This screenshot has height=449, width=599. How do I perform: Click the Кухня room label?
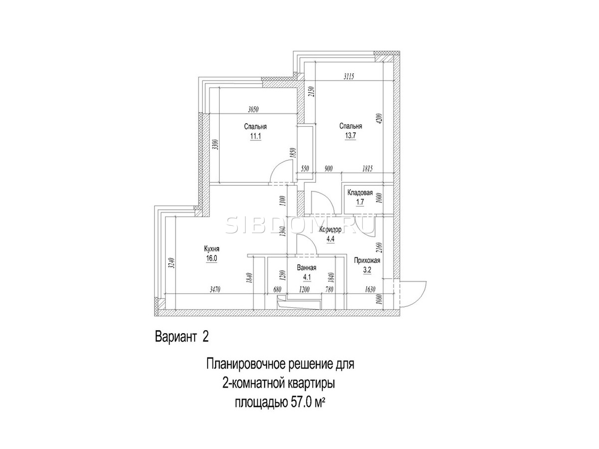coord(212,249)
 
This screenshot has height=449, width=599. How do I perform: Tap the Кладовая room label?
coord(360,193)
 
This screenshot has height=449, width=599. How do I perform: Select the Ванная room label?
coord(307,268)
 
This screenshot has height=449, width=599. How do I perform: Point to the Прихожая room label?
coord(367,261)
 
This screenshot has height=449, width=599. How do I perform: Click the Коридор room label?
coord(330,230)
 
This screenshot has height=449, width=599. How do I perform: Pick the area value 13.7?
coord(350,135)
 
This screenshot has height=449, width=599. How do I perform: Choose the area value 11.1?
coord(255,136)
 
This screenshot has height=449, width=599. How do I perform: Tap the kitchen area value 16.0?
coord(212,258)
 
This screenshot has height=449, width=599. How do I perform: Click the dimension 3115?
coord(349,77)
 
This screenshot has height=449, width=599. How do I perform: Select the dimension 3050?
coord(253,110)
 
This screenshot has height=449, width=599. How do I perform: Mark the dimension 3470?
coord(215,289)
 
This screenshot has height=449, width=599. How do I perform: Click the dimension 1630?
coord(370,289)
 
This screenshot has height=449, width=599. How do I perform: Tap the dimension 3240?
coord(171,263)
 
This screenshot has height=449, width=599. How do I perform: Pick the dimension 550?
coord(304,169)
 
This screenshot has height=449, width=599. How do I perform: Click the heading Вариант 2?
coord(182,337)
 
